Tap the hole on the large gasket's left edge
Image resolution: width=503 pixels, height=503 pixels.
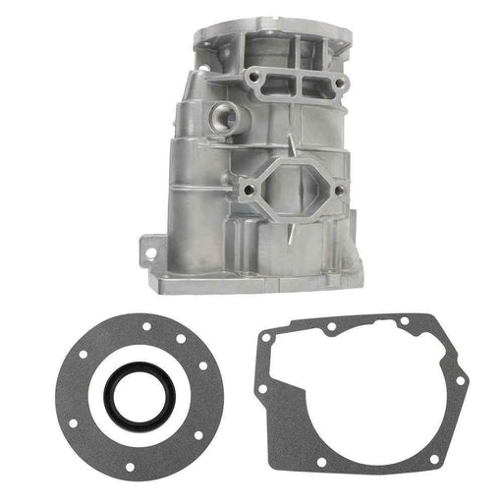[x=261, y=390]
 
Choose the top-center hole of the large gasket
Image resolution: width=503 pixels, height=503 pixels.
[x=333, y=326]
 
